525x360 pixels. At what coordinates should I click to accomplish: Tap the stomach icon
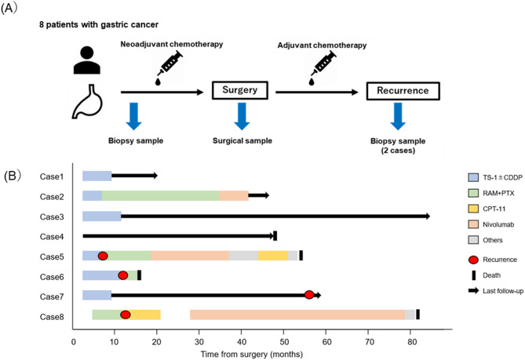tap(87, 102)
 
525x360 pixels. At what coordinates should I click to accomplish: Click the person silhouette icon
tap(87, 60)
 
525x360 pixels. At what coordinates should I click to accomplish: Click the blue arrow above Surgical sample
tap(242, 116)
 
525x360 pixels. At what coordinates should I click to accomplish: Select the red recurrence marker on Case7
tap(309, 295)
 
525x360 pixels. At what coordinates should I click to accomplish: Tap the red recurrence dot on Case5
tap(103, 256)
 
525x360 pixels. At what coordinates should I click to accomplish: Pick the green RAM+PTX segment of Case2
tap(160, 196)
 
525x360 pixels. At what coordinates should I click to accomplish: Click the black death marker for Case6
tap(139, 275)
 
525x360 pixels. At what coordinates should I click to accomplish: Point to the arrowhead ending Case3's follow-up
tap(428, 216)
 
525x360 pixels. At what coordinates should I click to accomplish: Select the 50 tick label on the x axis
tap(284, 342)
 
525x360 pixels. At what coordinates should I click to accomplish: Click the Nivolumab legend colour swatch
tap(473, 224)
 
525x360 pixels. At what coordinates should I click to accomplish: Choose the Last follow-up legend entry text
tap(502, 291)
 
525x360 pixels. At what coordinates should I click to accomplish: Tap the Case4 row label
tap(52, 237)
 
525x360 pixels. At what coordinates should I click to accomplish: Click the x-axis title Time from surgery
tap(252, 354)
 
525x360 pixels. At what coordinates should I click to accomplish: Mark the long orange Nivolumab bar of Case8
tap(297, 315)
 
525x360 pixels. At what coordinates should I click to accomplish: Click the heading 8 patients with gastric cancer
tap(99, 25)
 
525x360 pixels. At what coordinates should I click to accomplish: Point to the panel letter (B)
tap(13, 176)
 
